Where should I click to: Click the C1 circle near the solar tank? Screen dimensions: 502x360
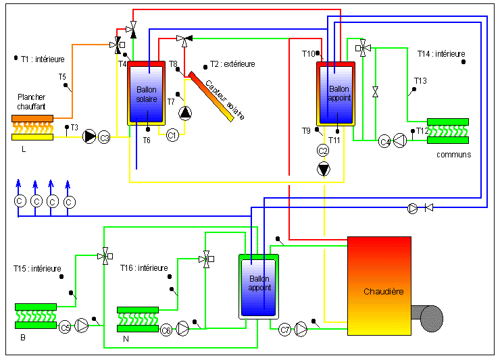pyautogui.click(x=172, y=135)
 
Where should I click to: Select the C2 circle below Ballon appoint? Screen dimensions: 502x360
pyautogui.click(x=323, y=151)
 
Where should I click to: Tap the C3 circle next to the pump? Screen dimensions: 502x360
pyautogui.click(x=104, y=138)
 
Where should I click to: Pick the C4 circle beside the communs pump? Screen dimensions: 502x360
pyautogui.click(x=384, y=141)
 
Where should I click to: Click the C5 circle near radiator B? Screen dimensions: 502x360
pyautogui.click(x=65, y=328)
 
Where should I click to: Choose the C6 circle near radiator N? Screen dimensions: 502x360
pyautogui.click(x=166, y=330)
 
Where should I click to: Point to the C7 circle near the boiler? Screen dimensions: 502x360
pyautogui.click(x=284, y=330)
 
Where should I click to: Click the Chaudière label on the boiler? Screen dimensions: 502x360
pyautogui.click(x=384, y=292)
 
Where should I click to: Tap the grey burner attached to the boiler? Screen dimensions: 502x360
pyautogui.click(x=428, y=318)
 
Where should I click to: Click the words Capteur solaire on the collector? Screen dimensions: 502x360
pyautogui.click(x=225, y=99)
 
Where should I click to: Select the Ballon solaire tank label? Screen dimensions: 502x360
pyautogui.click(x=147, y=95)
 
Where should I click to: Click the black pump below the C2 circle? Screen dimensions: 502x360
pyautogui.click(x=324, y=169)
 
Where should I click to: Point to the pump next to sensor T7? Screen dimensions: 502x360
pyautogui.click(x=185, y=113)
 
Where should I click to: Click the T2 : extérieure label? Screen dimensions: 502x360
pyautogui.click(x=232, y=64)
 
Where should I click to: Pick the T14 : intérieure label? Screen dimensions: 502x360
pyautogui.click(x=441, y=54)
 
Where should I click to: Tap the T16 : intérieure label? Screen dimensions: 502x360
pyautogui.click(x=144, y=268)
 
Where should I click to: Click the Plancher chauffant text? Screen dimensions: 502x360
pyautogui.click(x=31, y=102)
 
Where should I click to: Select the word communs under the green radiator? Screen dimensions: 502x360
pyautogui.click(x=453, y=155)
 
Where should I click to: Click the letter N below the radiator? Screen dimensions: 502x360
pyautogui.click(x=126, y=339)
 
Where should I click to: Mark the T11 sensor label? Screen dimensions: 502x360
pyautogui.click(x=334, y=140)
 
